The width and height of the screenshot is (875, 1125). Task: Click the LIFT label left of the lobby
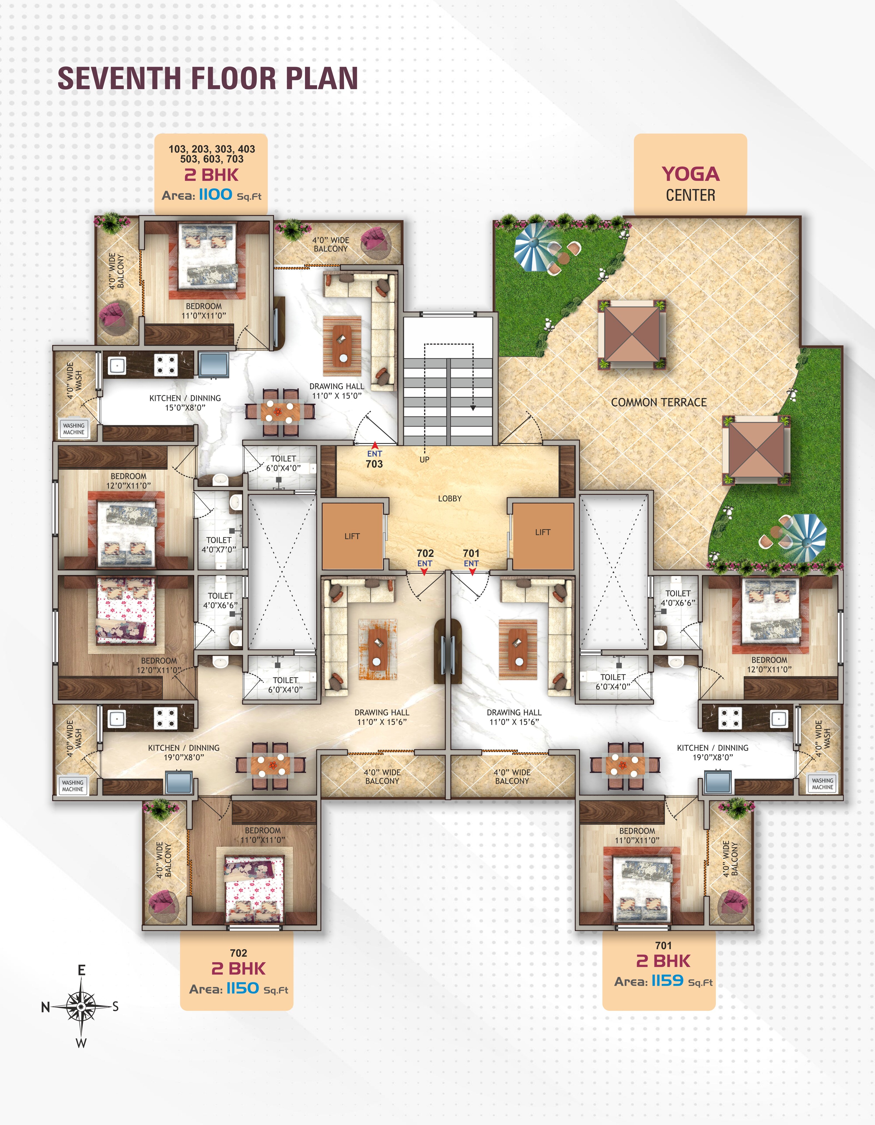point(352,536)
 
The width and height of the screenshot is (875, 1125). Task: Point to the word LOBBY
point(450,499)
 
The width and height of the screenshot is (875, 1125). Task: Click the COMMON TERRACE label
point(659,402)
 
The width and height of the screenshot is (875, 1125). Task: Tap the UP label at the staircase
point(424,459)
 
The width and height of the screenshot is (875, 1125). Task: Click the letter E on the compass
point(81,971)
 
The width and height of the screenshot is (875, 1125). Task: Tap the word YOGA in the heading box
point(691,174)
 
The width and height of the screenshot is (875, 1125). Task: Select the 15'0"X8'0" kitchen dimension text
point(185,407)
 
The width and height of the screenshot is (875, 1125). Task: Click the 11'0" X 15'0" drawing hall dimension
point(337,396)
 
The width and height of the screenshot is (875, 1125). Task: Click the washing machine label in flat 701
point(822,784)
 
